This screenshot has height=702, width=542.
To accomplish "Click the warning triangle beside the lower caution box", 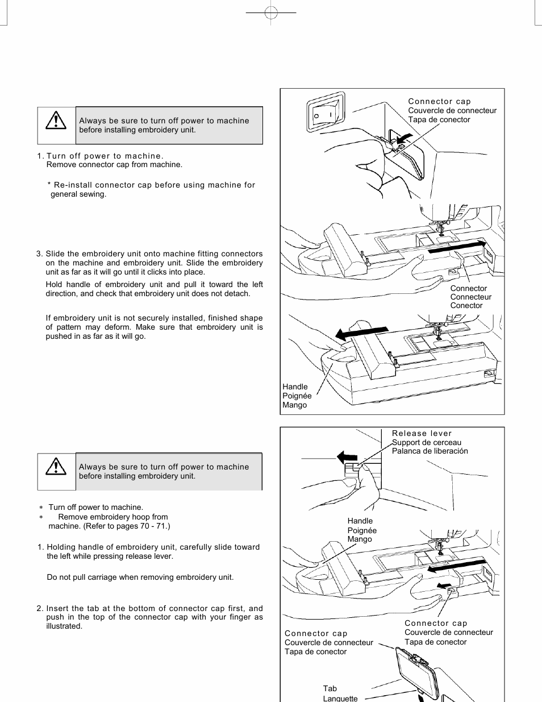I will [56, 466].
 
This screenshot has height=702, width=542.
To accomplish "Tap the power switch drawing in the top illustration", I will [326, 113].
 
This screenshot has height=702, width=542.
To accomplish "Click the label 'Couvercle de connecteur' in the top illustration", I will [452, 110].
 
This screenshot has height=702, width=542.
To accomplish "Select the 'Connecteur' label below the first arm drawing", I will [470, 297].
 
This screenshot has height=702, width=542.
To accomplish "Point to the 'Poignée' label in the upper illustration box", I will [297, 396].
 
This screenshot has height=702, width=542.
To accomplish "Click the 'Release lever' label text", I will [422, 433].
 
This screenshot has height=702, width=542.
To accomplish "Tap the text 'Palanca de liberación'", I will [430, 451].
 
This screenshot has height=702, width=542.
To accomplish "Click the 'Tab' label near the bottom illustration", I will [330, 688].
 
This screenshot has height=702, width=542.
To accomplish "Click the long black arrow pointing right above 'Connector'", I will [457, 247].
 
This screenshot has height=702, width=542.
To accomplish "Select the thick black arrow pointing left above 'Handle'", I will [361, 332].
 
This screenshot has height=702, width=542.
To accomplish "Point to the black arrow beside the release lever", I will [347, 456].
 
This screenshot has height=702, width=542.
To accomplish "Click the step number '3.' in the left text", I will [39, 254].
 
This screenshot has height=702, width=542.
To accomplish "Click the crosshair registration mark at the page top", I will [271, 13].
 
